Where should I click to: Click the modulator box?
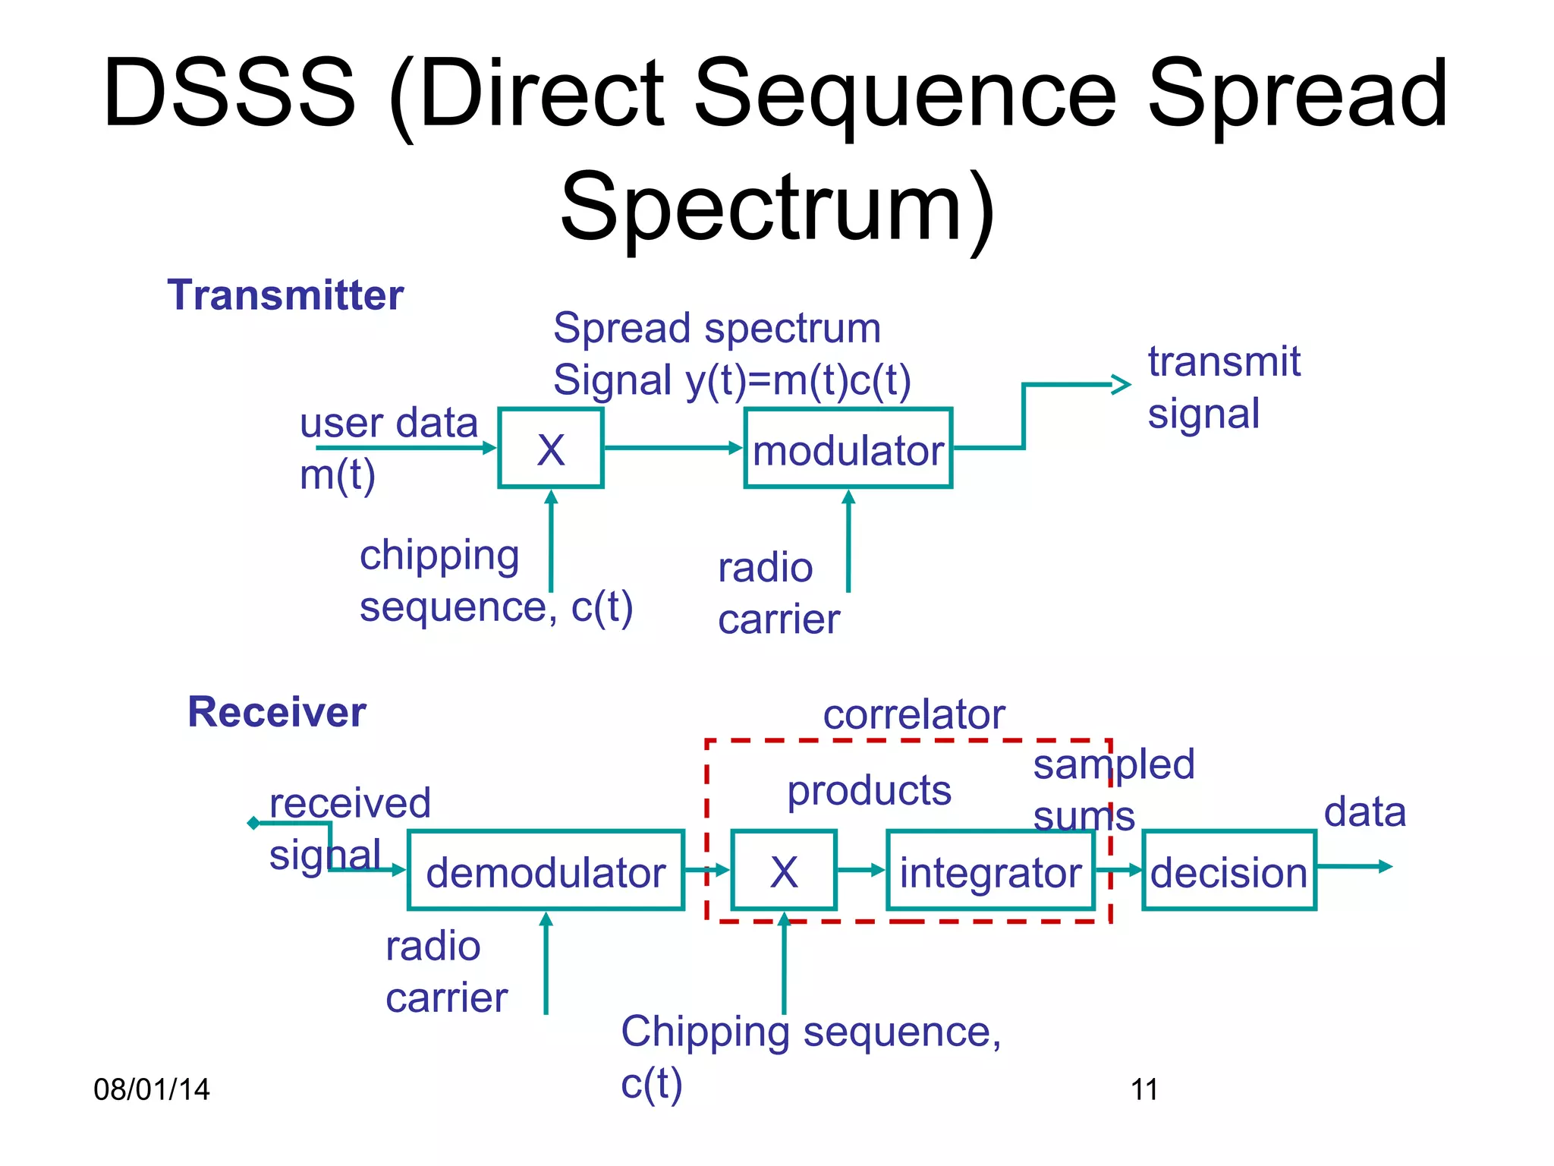tap(848, 449)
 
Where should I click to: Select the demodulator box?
tap(546, 871)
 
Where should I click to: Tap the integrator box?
tap(990, 871)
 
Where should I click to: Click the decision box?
tap(1228, 871)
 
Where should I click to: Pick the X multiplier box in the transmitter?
tap(551, 449)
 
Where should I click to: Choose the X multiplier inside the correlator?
tap(784, 871)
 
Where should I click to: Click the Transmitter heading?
tap(285, 295)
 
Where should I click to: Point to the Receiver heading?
tap(277, 712)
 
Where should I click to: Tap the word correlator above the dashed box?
tap(914, 715)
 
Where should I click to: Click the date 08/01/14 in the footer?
tap(151, 1089)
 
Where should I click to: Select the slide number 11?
tap(1144, 1089)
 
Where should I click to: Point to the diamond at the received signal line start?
tap(253, 823)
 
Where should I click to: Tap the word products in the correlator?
tap(869, 791)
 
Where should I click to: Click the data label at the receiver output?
tap(1364, 812)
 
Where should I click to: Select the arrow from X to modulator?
tap(672, 448)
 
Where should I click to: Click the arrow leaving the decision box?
tap(1354, 866)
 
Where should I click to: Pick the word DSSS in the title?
tap(229, 93)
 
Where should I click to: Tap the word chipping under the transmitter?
tap(439, 556)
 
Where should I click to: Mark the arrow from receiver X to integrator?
tap(861, 870)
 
